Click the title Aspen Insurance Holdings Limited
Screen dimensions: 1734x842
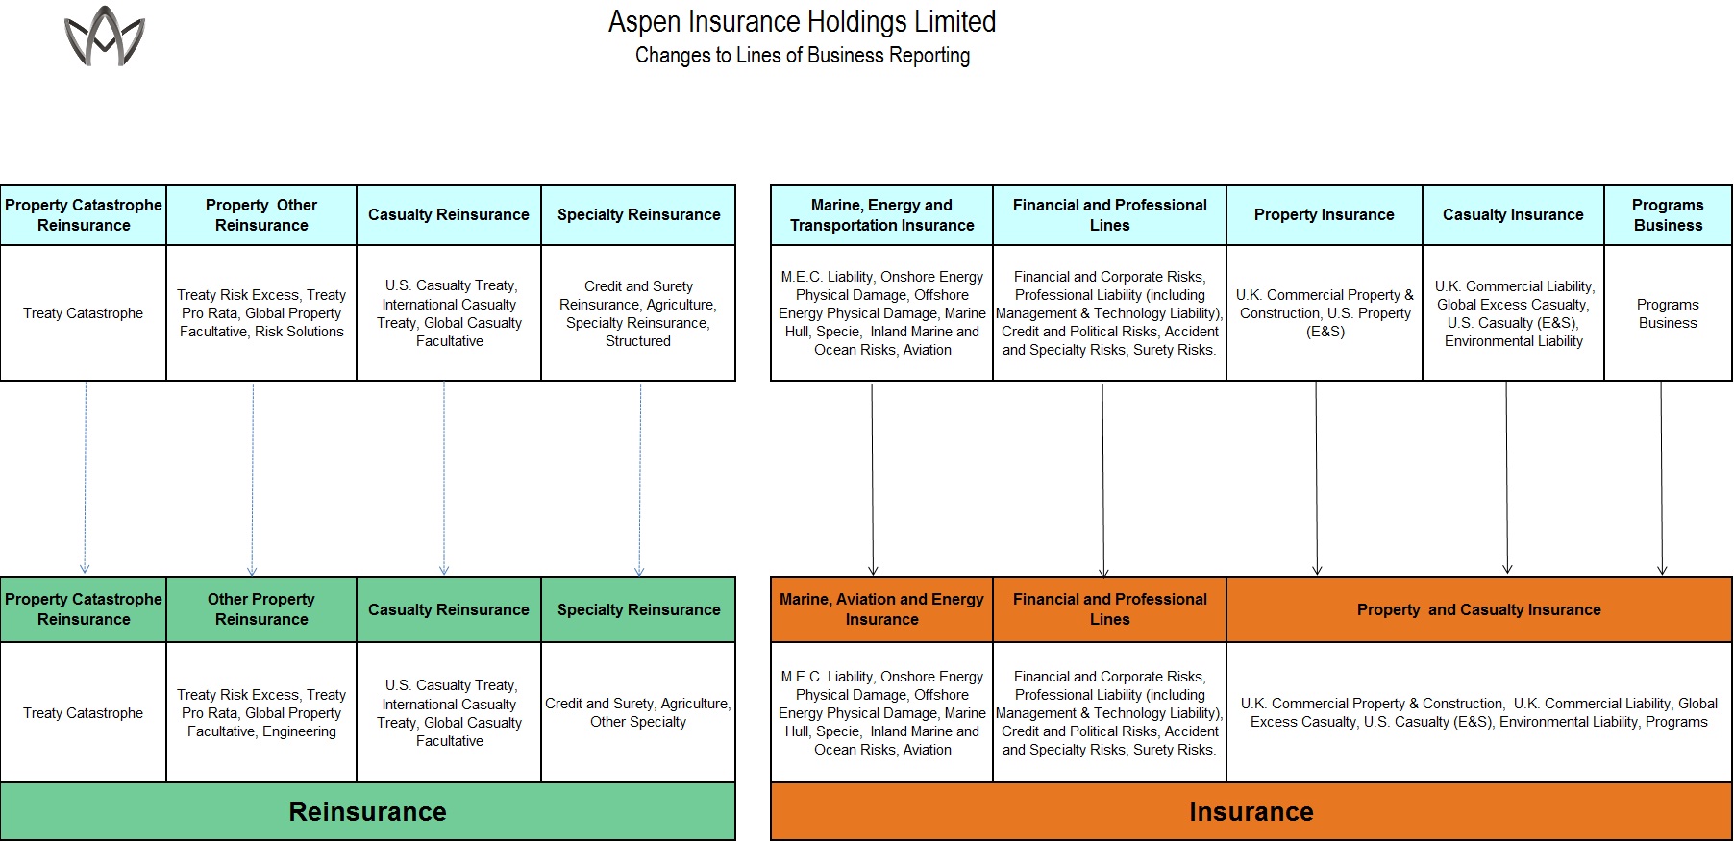point(803,21)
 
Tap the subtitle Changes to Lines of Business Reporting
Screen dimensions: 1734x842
point(803,56)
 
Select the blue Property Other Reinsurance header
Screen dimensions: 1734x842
point(261,215)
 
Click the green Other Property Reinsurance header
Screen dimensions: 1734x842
point(261,609)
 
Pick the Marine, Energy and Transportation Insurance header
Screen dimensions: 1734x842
point(881,215)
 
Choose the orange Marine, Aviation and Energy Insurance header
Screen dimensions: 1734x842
point(881,609)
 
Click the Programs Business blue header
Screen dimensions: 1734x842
point(1668,215)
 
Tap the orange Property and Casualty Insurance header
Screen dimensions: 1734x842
point(1479,609)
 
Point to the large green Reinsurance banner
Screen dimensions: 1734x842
point(368,812)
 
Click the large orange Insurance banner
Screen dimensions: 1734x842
point(1251,812)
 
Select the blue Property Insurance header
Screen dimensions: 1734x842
point(1325,215)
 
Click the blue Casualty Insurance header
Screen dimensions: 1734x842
point(1513,215)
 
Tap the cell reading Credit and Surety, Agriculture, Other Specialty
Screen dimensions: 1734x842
point(638,712)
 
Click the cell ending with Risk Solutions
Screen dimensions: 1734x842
point(261,313)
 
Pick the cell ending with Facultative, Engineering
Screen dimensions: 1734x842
point(261,712)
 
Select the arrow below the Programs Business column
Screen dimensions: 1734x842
point(1662,478)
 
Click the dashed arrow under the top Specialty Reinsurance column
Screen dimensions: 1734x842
point(640,479)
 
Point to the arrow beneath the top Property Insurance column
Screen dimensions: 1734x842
point(1317,478)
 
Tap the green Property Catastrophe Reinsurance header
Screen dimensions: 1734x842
point(84,609)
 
